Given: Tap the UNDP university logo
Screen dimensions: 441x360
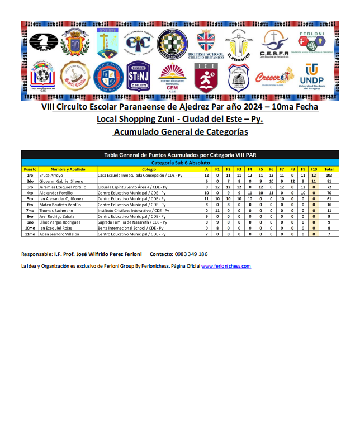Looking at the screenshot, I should pos(311,76).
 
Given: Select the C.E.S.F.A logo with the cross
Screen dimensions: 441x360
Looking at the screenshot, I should pos(273,43).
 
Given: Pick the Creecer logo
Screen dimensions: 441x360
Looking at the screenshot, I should pos(274,76).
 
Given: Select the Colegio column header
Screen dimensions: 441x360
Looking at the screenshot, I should pos(149,169).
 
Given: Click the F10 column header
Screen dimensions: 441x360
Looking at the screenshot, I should pos(314,169).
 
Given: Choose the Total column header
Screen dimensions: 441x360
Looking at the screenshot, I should pos(329,169).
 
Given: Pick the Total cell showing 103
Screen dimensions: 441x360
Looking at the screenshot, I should pos(329,175).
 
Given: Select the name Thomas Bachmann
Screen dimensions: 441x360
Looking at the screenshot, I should pos(57,210).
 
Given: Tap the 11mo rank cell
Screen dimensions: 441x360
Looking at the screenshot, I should pos(30,234).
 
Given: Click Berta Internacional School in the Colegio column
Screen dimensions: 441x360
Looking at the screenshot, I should pos(131,227).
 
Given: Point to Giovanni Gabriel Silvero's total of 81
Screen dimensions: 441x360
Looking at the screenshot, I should pos(329,181).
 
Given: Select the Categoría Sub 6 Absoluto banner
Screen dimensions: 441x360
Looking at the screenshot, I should pos(180,162).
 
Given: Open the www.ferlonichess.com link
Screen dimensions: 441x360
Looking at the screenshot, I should pos(226,267).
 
